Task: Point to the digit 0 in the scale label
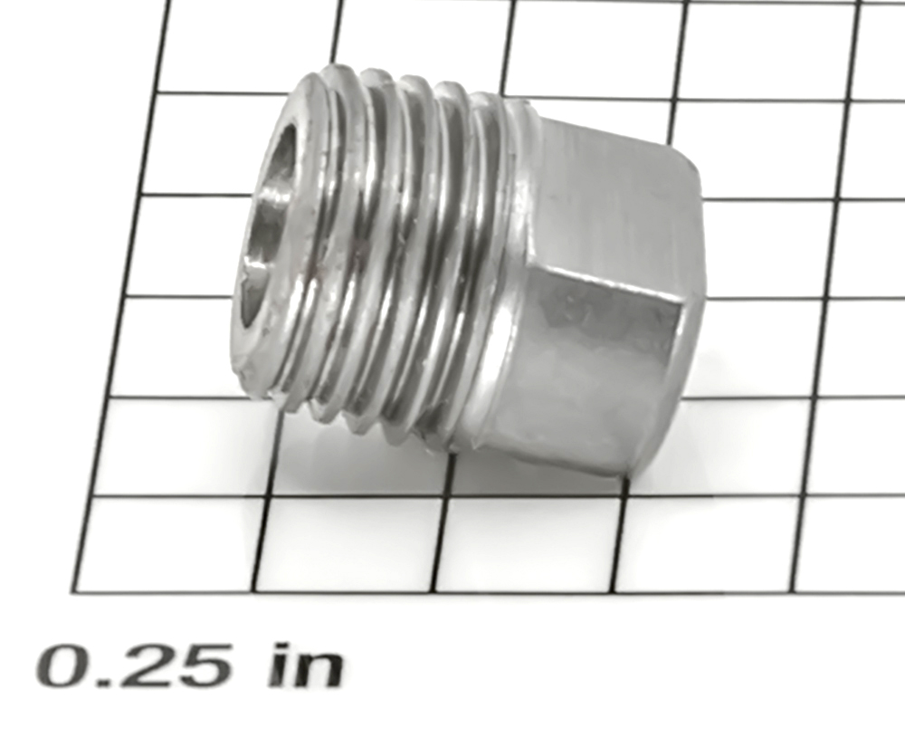(x=62, y=666)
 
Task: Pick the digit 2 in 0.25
(x=150, y=666)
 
